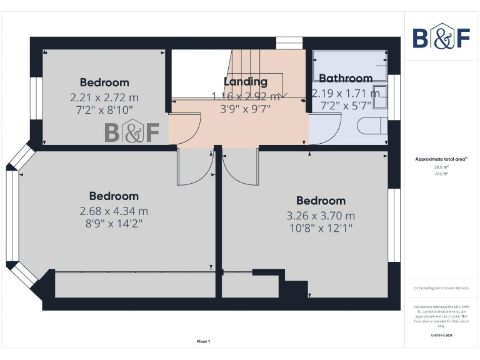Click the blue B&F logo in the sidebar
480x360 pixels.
(441, 37)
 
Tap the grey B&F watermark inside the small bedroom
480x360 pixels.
(132, 132)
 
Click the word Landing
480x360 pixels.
(246, 81)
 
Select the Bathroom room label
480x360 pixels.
(346, 78)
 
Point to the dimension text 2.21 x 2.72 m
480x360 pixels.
(104, 97)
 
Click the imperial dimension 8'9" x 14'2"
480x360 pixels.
(114, 224)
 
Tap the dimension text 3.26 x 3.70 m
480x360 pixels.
(321, 216)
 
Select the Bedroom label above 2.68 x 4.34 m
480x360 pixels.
(114, 196)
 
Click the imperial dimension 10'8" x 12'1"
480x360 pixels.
(321, 228)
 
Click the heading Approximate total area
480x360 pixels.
(441, 159)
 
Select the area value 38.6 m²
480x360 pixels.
(441, 167)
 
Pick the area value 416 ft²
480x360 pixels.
(441, 174)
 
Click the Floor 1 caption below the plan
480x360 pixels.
(204, 341)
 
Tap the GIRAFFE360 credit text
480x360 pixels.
(441, 336)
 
